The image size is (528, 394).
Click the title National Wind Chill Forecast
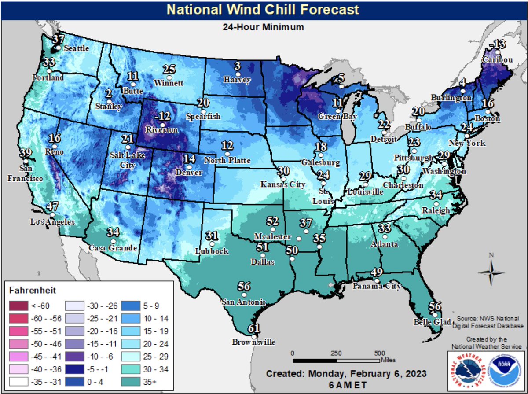[264, 9]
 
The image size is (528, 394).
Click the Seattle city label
[77, 48]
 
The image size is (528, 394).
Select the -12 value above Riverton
[163, 117]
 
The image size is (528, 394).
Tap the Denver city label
[190, 173]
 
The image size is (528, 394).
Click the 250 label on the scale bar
[336, 353]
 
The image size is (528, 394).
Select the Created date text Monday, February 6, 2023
[346, 374]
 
